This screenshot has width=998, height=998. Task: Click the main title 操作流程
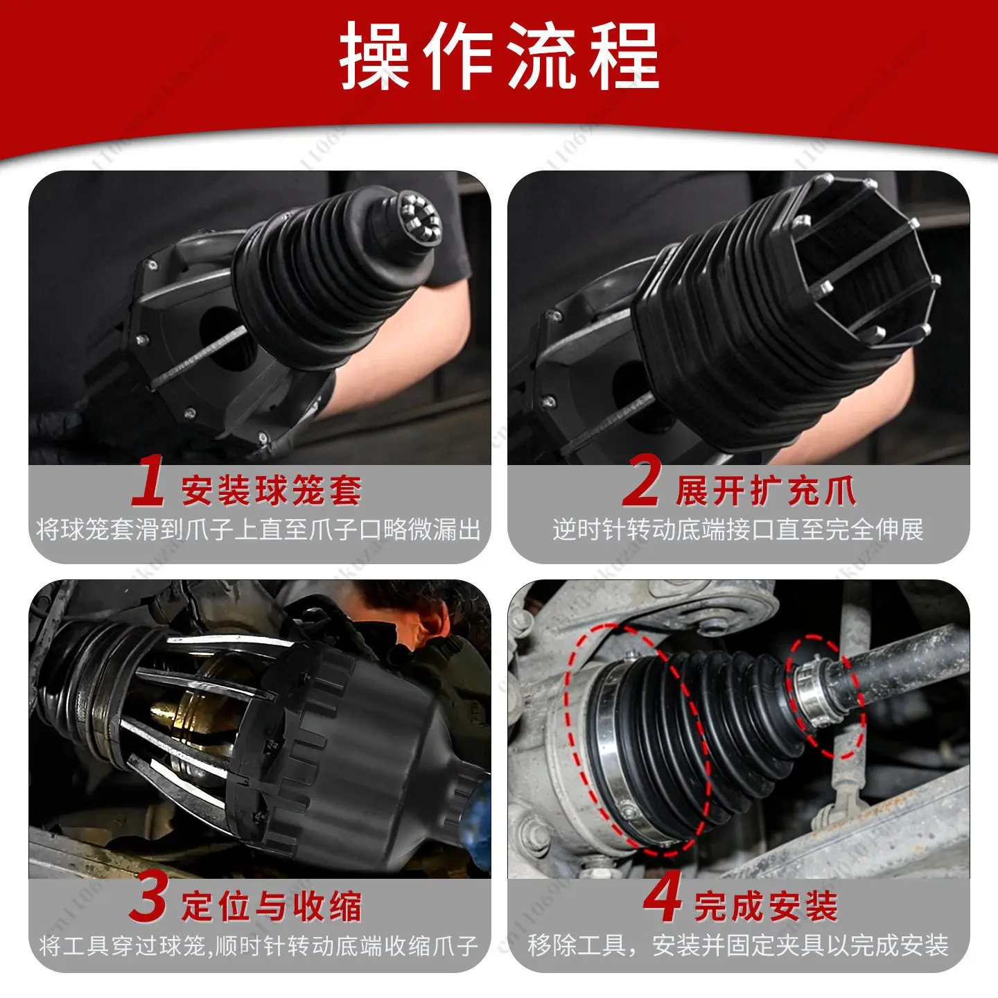tap(499, 56)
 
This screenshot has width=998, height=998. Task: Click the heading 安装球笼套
tap(272, 490)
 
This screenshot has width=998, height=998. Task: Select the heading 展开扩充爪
tap(766, 490)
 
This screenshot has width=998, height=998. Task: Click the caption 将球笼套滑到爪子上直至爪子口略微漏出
tap(259, 529)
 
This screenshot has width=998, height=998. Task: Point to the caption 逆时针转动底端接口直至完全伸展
tap(738, 529)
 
